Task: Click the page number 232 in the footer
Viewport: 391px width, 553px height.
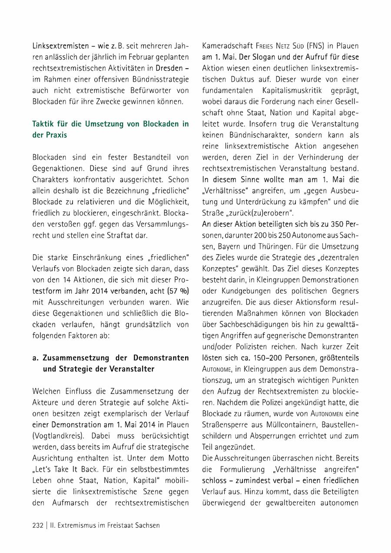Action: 38,525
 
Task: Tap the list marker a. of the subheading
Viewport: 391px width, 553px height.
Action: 36,358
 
